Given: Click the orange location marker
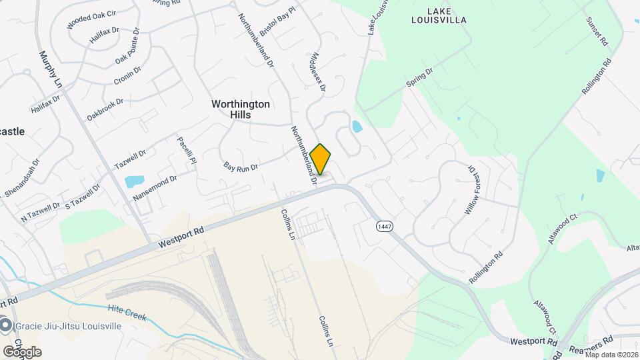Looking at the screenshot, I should [321, 159].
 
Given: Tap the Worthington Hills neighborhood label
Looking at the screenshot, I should [241, 109].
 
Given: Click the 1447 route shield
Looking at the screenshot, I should [383, 227].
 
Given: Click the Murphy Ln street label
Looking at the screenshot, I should [50, 69].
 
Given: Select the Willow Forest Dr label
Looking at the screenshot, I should [472, 190].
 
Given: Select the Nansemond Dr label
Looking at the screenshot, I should [155, 188].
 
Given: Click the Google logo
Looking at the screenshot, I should [21, 352].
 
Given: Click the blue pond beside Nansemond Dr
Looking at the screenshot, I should [134, 181].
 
